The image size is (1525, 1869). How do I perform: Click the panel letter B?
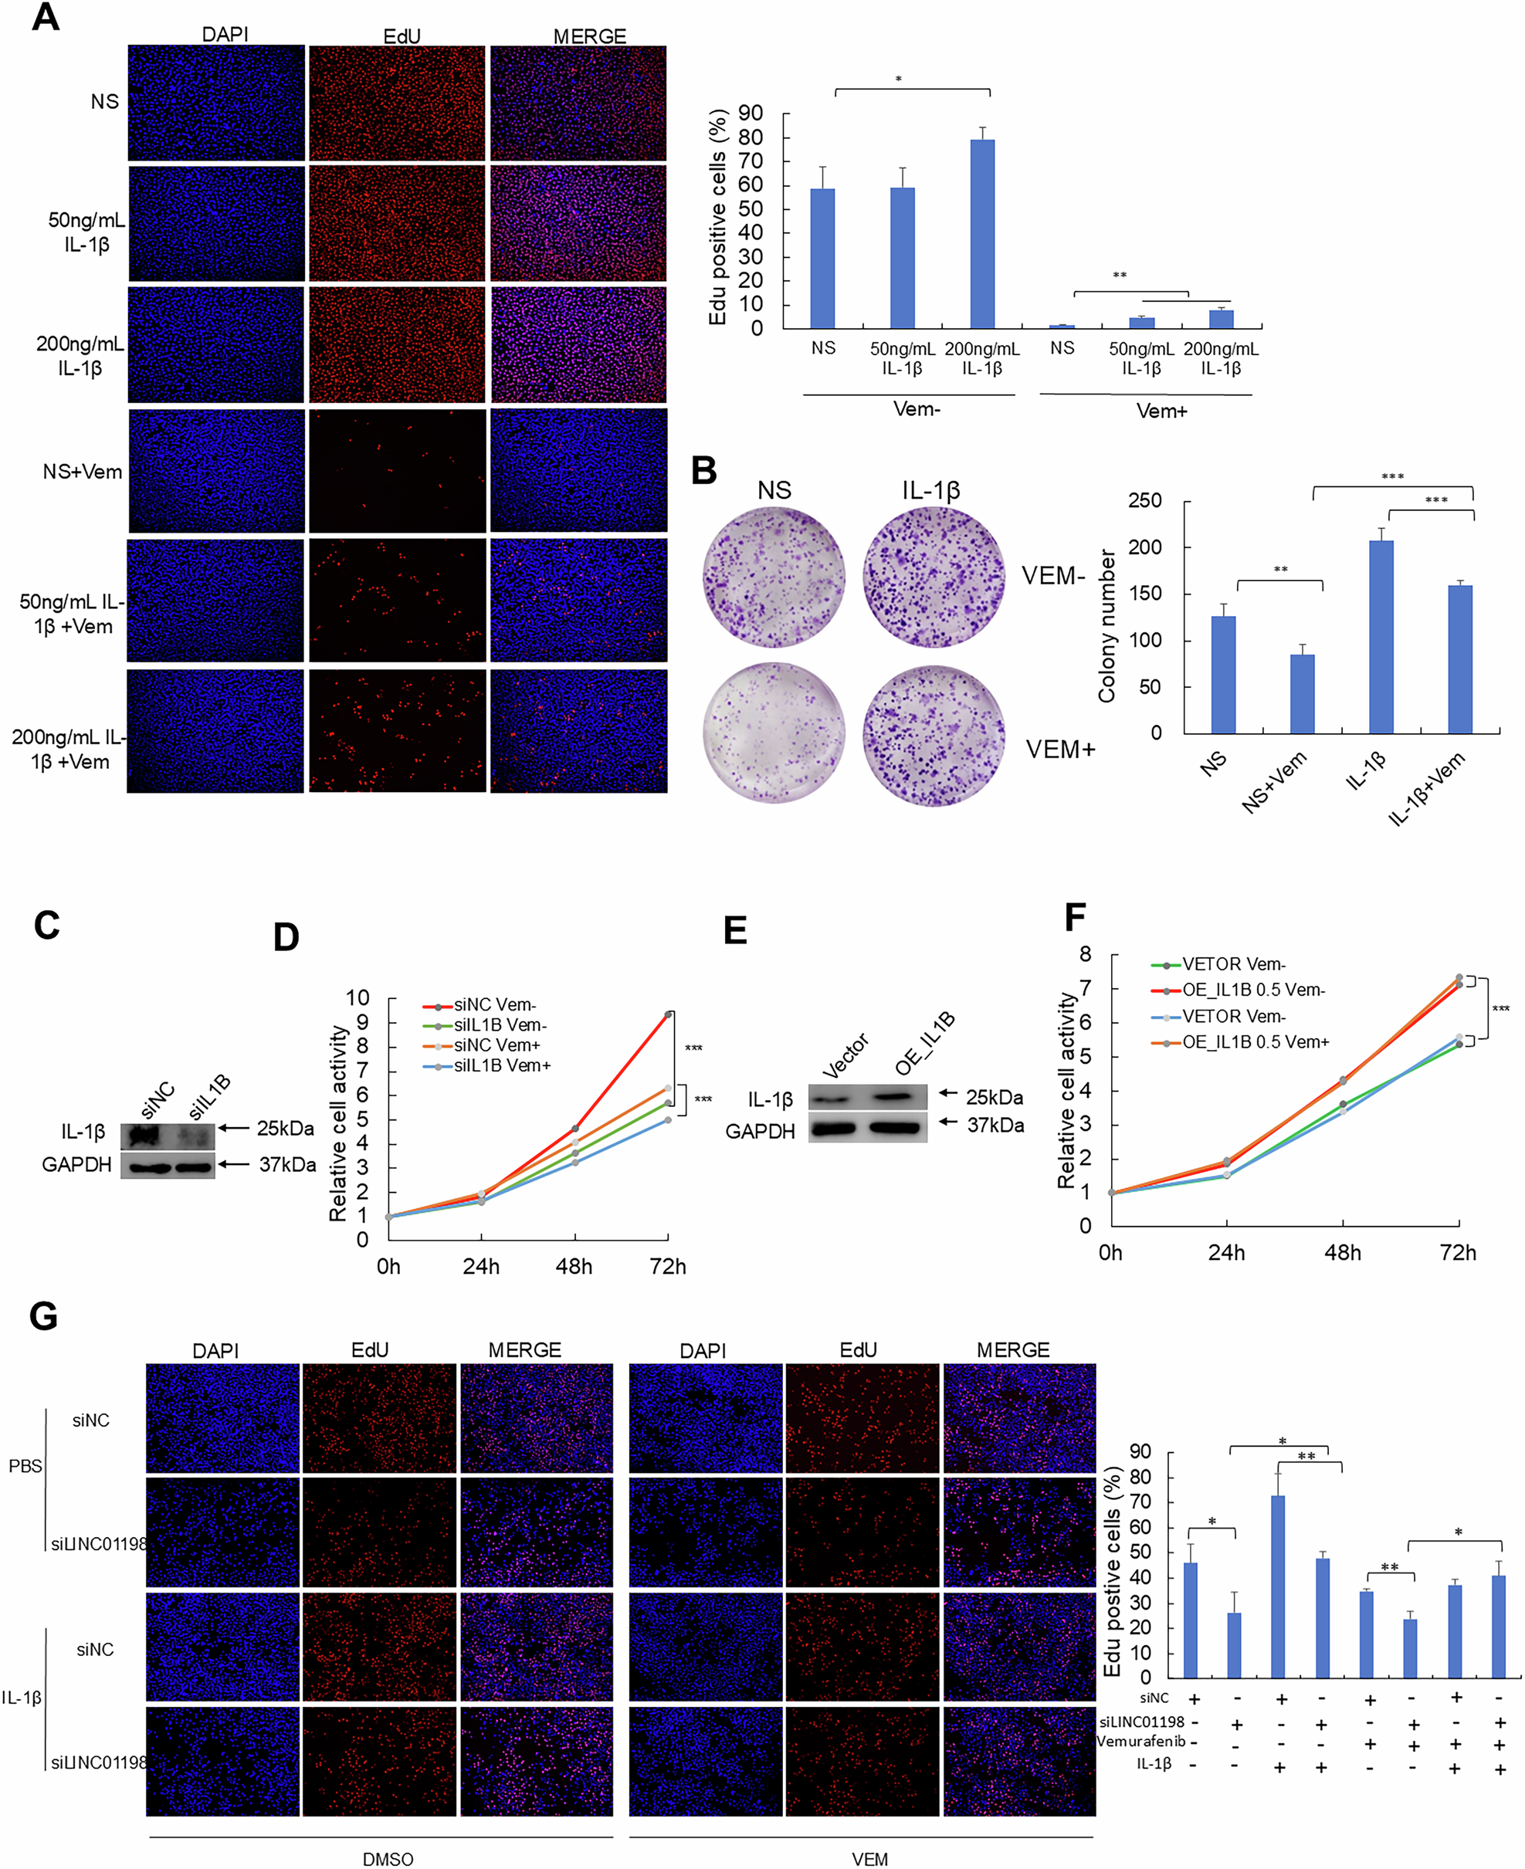point(703,470)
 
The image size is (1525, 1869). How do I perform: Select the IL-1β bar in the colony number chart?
point(1381,636)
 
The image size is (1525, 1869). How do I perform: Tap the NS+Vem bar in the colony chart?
point(1302,693)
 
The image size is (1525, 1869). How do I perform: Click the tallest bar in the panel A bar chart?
point(982,232)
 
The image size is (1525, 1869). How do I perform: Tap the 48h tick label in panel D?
point(574,1267)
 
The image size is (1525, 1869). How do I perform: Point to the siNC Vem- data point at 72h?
point(669,1014)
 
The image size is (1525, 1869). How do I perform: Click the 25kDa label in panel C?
point(285,1129)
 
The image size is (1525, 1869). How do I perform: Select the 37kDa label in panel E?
point(995,1125)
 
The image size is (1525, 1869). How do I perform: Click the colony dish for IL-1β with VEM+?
point(933,734)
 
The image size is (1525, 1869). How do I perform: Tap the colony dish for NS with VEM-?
point(774,576)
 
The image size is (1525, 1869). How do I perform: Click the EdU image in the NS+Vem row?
point(397,471)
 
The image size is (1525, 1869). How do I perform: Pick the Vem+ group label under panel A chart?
point(1161,411)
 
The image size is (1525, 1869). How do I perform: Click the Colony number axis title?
point(1106,625)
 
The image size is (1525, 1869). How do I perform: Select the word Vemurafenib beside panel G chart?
point(1141,1741)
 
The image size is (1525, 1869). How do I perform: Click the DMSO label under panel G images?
point(388,1858)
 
